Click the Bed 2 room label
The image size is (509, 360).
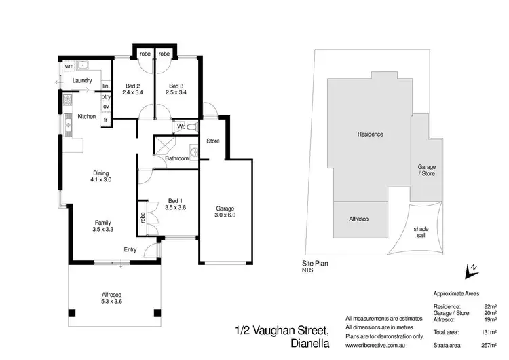[x=132, y=86]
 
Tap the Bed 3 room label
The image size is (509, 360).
[x=176, y=86]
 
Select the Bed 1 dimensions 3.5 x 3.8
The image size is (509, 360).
[x=174, y=207]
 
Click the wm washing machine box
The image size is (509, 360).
[x=69, y=66]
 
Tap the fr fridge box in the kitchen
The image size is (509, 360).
[x=106, y=120]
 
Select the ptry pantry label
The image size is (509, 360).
[x=106, y=97]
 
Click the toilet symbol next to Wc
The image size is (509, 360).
[x=192, y=127]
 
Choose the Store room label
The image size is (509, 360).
[x=212, y=141]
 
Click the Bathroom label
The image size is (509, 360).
[x=176, y=158]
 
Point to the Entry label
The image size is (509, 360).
[x=130, y=249]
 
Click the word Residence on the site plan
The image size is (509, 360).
[x=371, y=134]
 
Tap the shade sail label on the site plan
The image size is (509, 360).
[x=421, y=232]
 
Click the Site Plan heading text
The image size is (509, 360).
[x=316, y=262]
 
